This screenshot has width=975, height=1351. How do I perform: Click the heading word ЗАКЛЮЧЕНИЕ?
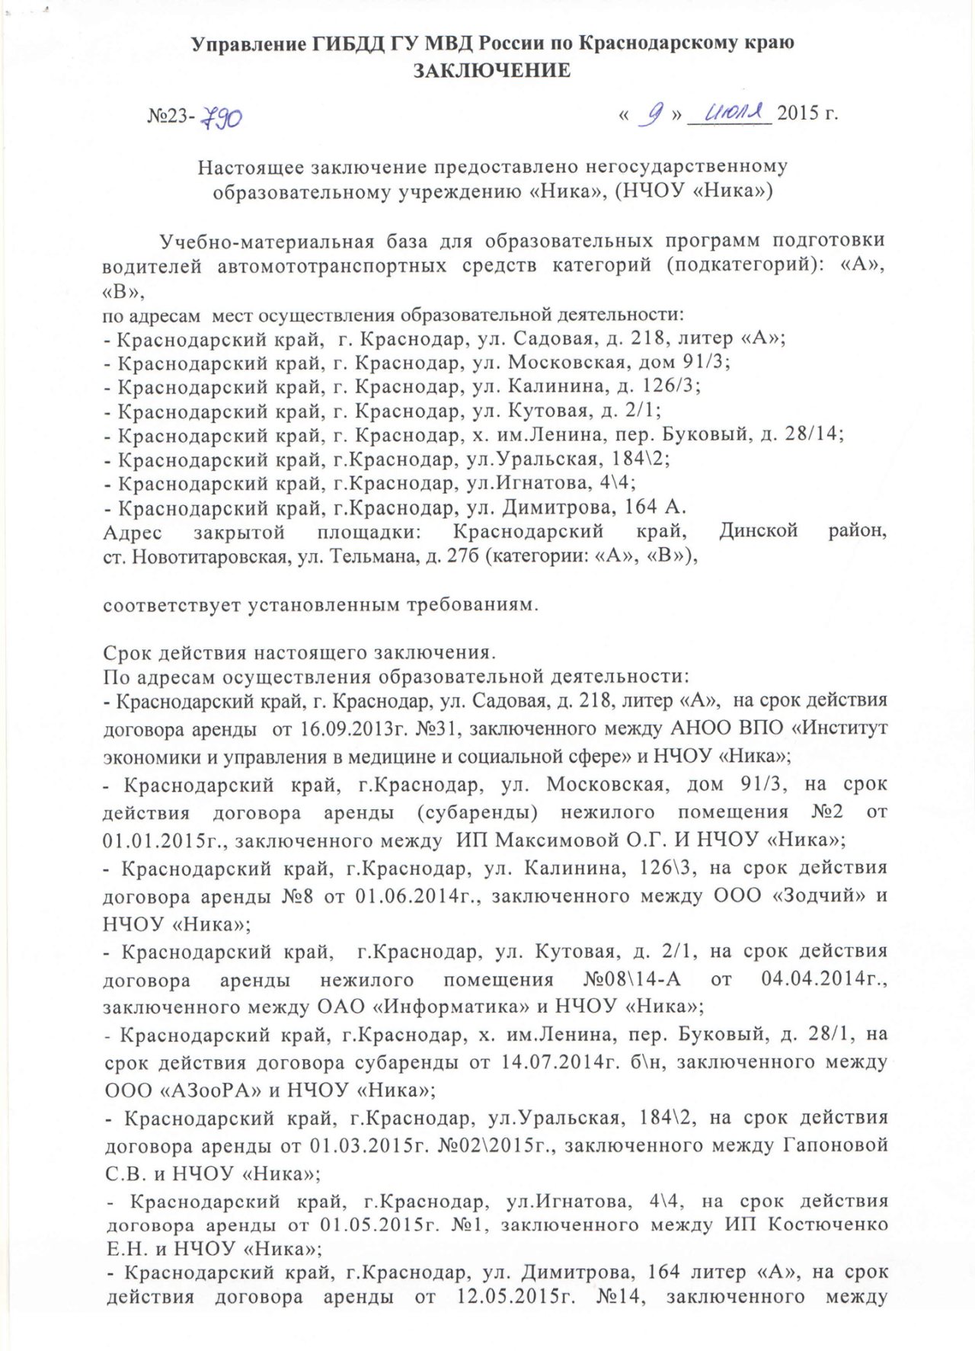[x=491, y=71]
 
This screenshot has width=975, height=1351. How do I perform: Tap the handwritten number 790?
[x=222, y=117]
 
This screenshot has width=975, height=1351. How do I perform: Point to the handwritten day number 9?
[x=653, y=114]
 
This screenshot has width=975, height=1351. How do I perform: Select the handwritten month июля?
[x=730, y=113]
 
